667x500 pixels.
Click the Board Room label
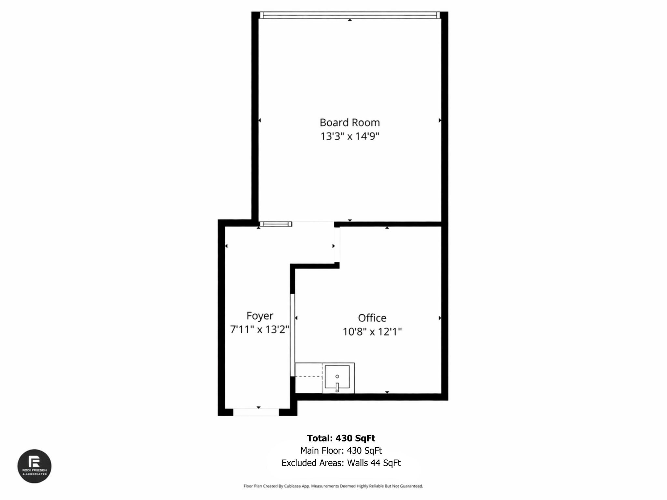tap(349, 122)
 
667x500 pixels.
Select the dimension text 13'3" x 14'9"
tap(349, 136)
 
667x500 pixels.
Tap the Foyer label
tap(260, 316)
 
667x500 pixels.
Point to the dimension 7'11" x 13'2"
tap(260, 329)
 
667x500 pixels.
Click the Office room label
tap(372, 318)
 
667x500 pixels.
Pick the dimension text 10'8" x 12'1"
tap(372, 332)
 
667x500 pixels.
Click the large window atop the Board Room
tap(349, 15)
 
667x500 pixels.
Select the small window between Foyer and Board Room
tap(276, 224)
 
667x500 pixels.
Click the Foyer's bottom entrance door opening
tap(256, 412)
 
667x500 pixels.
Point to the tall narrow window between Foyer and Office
tap(292, 335)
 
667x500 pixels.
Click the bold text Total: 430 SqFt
tap(341, 438)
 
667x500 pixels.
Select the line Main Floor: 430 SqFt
tap(341, 451)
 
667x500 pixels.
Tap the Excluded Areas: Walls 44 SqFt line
tap(341, 463)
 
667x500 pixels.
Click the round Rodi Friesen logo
tap(34, 466)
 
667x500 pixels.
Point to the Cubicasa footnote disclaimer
tap(333, 486)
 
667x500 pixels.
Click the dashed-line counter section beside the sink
tap(308, 378)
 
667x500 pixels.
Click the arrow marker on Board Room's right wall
tap(440, 120)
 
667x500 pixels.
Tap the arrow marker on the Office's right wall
tap(440, 318)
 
